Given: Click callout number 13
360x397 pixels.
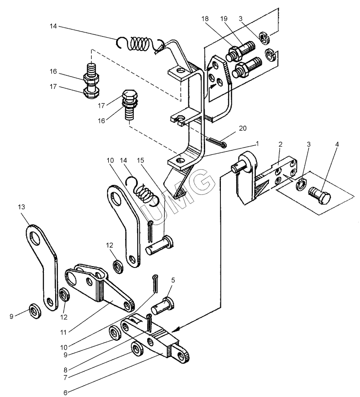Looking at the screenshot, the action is (22, 207).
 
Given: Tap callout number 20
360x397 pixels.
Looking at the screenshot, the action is (243, 129).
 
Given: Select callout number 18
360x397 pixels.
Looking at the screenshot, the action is (205, 19).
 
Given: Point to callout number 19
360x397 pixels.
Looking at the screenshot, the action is (224, 19).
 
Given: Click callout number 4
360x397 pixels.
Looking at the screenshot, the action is (337, 144).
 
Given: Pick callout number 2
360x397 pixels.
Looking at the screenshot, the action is (280, 144).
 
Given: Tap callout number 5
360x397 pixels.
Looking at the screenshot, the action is (173, 280).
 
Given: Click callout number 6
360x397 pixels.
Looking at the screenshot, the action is (65, 392).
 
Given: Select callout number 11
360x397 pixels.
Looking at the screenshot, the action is (63, 332).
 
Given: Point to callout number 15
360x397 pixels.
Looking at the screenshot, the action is (140, 161).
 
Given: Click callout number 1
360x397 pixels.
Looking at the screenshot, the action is (257, 144).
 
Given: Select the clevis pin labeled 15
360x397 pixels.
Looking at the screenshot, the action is (160, 245).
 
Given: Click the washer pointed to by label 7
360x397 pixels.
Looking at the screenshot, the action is (137, 349).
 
